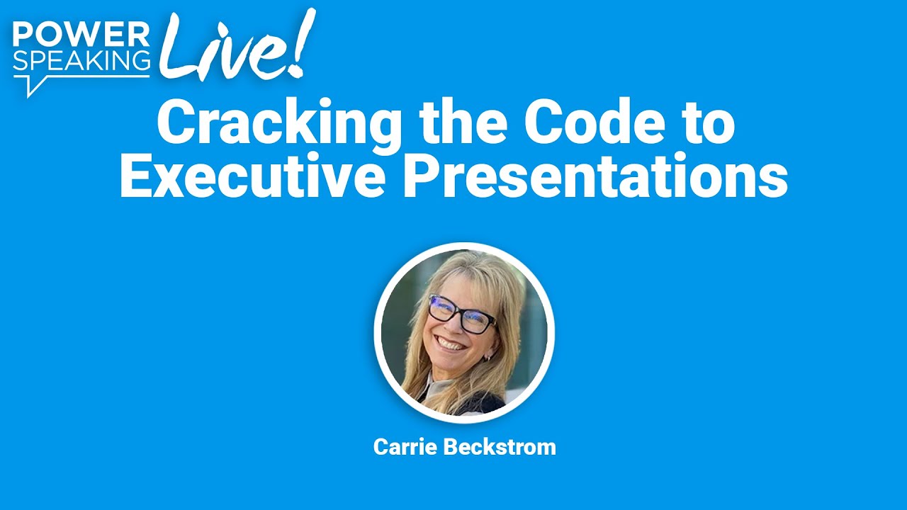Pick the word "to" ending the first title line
[x=709, y=123]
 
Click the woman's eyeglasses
[x=461, y=314]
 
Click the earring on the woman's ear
[x=487, y=358]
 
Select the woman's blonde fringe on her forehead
[x=461, y=280]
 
